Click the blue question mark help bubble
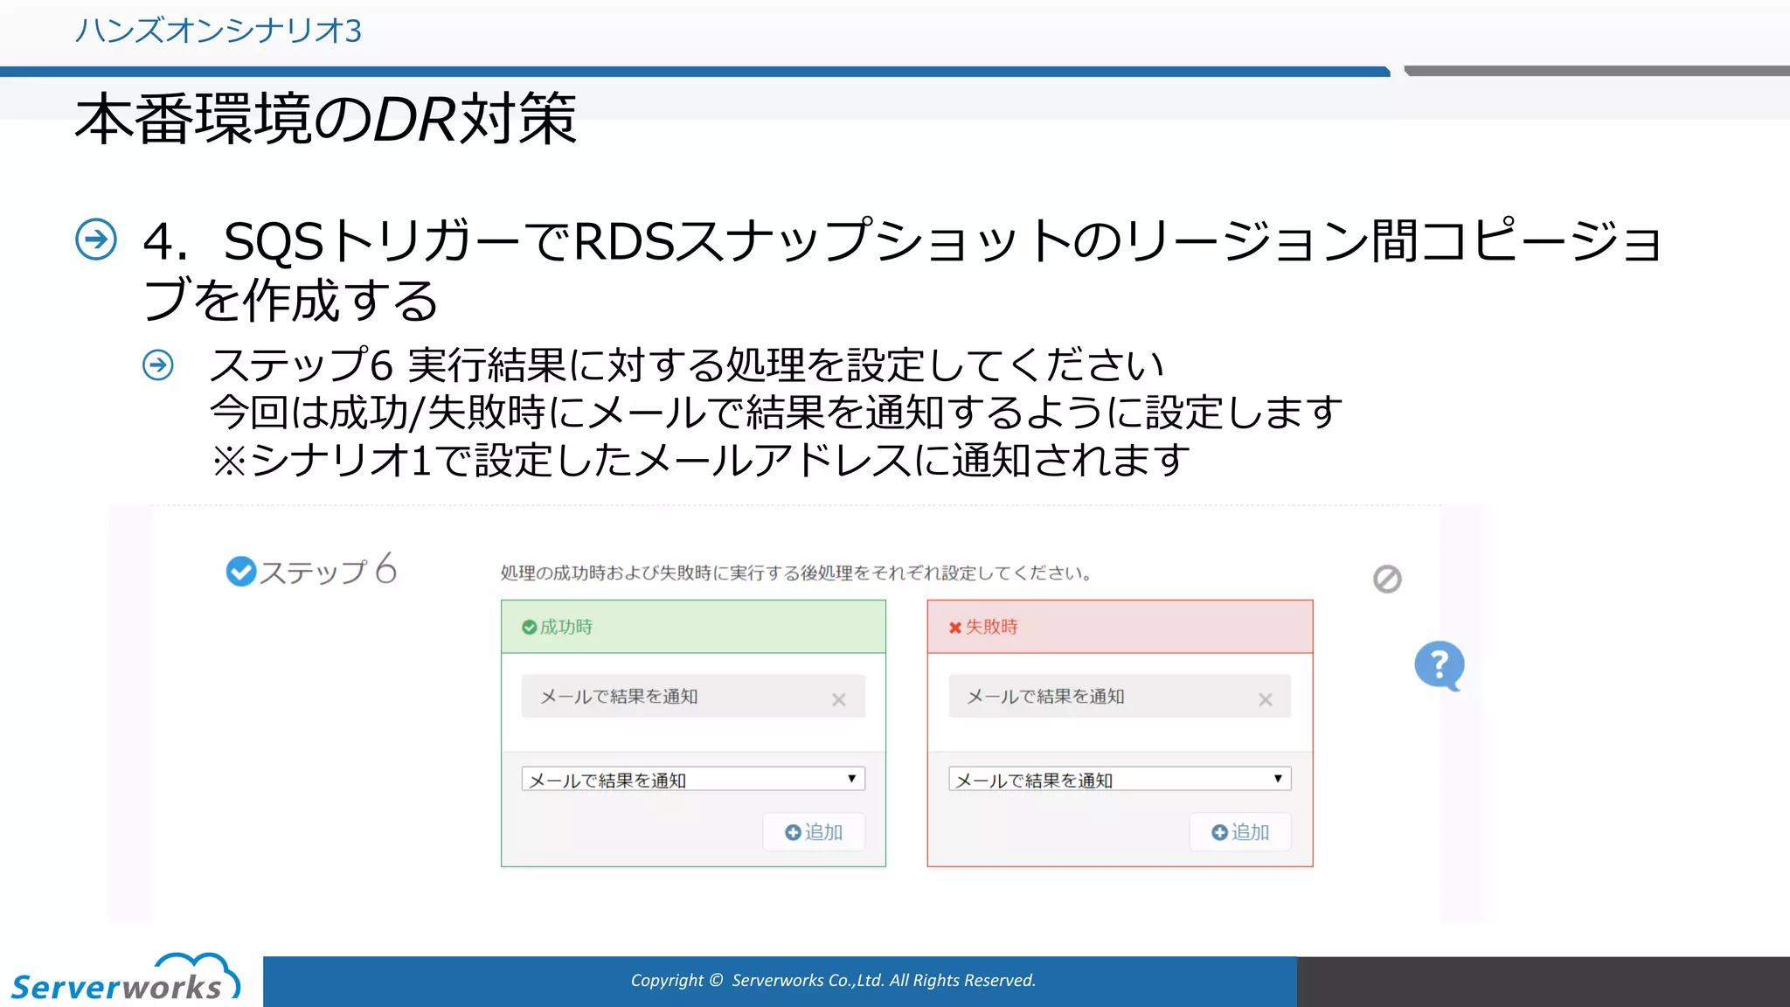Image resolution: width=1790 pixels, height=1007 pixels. (1439, 665)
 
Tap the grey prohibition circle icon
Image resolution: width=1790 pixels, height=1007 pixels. (1387, 579)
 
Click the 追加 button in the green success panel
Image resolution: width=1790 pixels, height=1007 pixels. (814, 832)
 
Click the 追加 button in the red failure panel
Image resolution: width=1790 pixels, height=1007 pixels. (1240, 832)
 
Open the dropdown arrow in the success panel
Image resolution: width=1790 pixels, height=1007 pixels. (851, 779)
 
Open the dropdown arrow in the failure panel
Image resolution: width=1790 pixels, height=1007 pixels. (1278, 779)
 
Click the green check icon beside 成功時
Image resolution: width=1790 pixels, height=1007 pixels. (529, 627)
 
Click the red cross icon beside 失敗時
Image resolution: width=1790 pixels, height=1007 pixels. (955, 628)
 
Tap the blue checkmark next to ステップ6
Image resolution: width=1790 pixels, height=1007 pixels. (240, 572)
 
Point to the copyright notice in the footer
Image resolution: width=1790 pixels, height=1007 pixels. (833, 981)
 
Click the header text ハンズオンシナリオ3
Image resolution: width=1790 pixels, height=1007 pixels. (218, 31)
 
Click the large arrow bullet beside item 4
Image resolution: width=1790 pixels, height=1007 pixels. (96, 240)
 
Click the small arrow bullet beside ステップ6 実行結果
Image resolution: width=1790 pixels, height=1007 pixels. (158, 365)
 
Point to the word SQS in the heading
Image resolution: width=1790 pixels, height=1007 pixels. (274, 242)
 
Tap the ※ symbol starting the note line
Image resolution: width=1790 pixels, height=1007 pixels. (229, 461)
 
